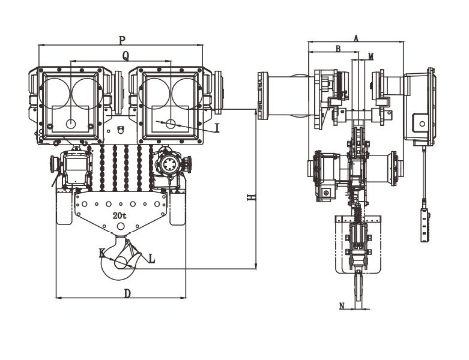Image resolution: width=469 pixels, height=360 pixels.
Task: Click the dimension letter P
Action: (x=122, y=40)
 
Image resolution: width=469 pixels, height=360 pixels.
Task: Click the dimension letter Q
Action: (x=126, y=55)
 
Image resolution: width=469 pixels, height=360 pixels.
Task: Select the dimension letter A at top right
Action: (x=356, y=37)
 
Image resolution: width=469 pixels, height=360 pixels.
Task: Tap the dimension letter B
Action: (x=338, y=49)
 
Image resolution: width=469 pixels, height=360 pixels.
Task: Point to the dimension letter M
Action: (x=371, y=56)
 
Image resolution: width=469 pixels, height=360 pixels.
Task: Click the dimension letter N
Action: (x=342, y=306)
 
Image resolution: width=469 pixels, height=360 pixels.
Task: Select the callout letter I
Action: (x=217, y=128)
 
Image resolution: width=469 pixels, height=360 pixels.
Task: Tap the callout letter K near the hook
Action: (x=103, y=253)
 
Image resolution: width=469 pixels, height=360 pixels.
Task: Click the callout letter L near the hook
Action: (x=151, y=259)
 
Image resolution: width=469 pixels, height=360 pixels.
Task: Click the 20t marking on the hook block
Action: (x=118, y=215)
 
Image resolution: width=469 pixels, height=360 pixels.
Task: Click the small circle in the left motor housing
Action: (x=71, y=124)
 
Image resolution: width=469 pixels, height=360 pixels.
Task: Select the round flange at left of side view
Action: (x=262, y=96)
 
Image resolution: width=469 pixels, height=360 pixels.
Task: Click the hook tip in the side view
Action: (x=359, y=291)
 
